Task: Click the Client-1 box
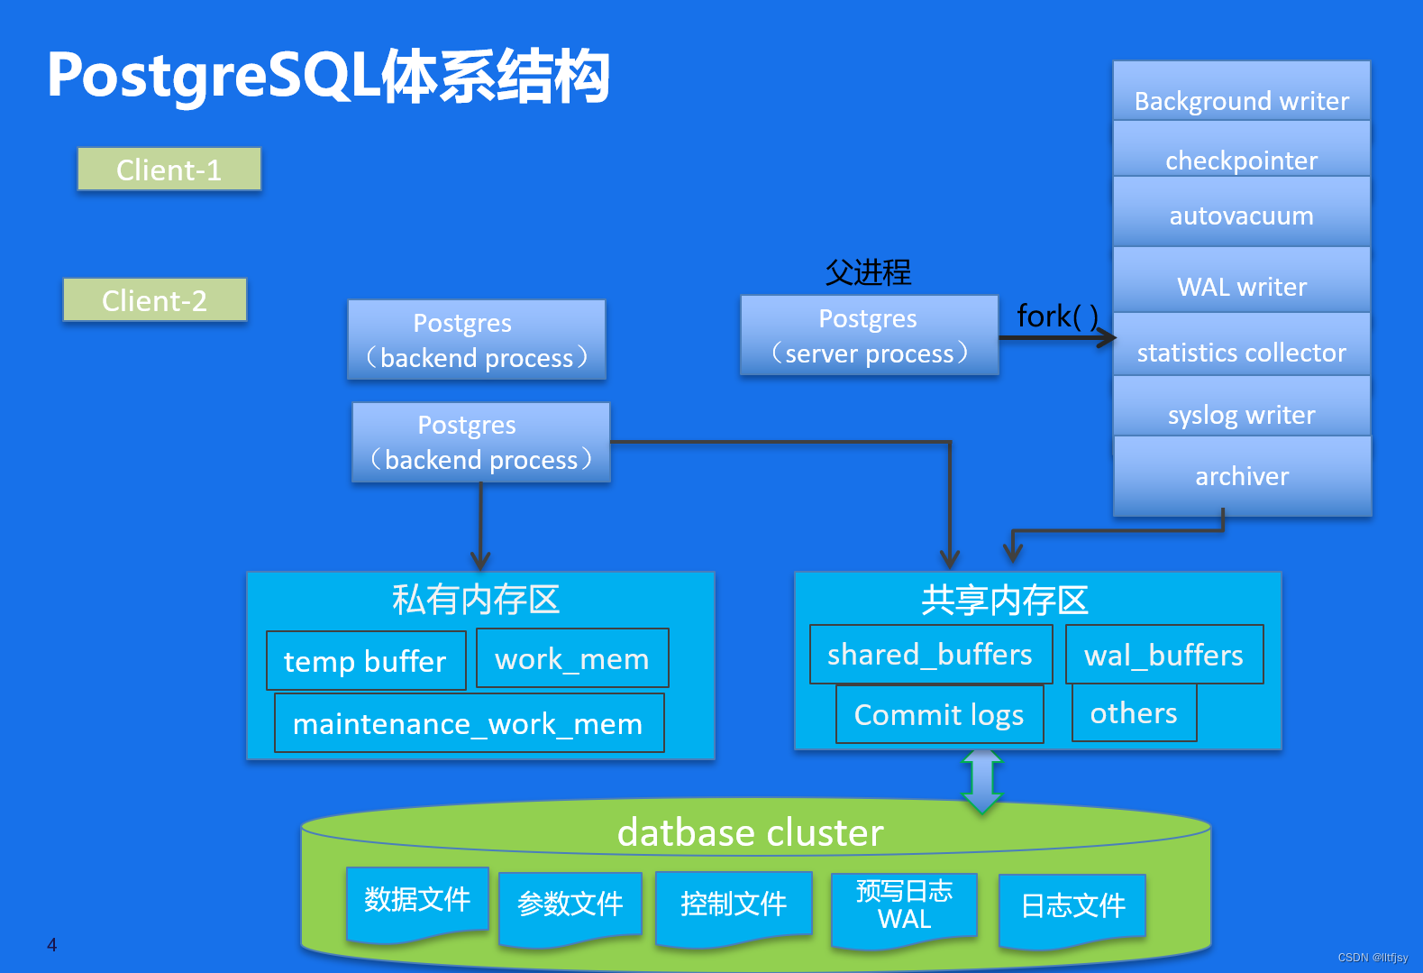tap(169, 169)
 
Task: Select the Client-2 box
tap(154, 299)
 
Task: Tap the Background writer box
tap(1241, 91)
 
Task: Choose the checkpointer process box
tap(1241, 149)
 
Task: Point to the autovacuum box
tap(1241, 212)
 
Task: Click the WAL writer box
tap(1241, 280)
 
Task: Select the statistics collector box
tap(1241, 344)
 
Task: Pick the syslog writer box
tap(1241, 406)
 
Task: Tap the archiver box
tap(1242, 476)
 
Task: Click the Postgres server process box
tap(869, 335)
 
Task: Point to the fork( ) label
tap(1058, 317)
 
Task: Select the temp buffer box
tap(366, 660)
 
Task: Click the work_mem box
tap(572, 657)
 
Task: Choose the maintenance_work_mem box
tap(469, 723)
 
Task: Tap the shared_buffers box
tap(931, 655)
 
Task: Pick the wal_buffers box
tap(1164, 655)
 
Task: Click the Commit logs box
tap(940, 713)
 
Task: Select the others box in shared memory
tap(1134, 712)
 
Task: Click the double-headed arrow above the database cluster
tap(982, 782)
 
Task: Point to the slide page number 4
tap(52, 944)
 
